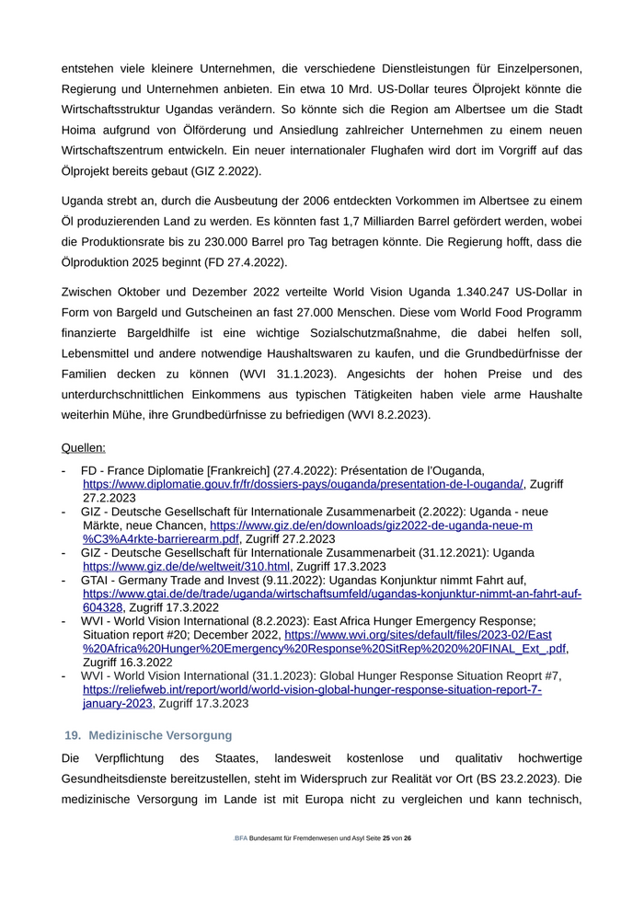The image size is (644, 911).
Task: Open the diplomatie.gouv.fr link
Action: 303,484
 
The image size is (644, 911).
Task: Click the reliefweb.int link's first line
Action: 312,689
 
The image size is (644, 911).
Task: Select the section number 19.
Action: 73,735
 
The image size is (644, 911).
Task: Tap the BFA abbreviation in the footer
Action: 241,839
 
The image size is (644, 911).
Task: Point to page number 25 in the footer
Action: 386,839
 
